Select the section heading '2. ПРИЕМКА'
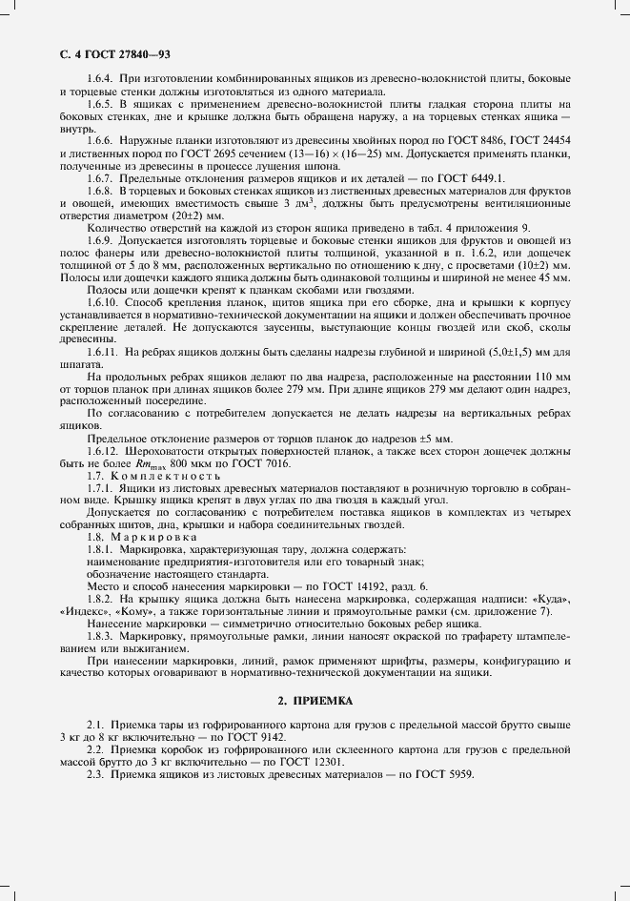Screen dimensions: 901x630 [315, 701]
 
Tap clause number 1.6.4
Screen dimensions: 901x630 [102, 78]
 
